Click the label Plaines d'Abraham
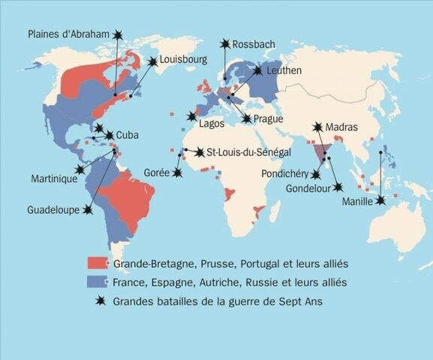coord(68,34)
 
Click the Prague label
coord(267,118)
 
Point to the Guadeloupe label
coord(54,210)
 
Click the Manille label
coord(357,202)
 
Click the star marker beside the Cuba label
coord(110,136)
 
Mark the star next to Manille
coord(380,200)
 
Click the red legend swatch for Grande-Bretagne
coord(97,264)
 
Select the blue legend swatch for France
coord(97,283)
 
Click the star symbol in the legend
coord(98,301)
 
